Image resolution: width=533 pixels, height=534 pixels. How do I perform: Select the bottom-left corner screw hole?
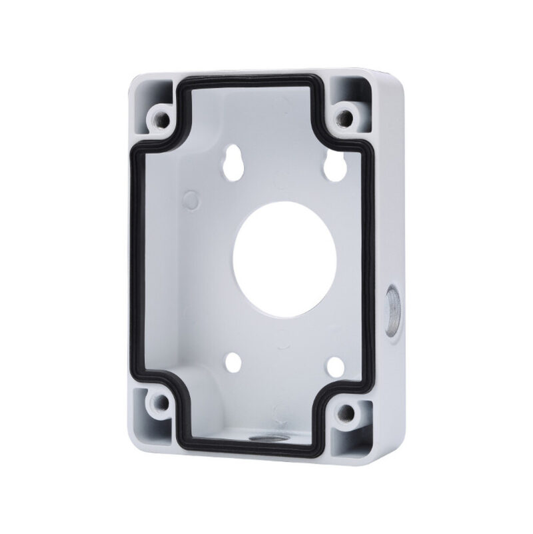158,402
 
